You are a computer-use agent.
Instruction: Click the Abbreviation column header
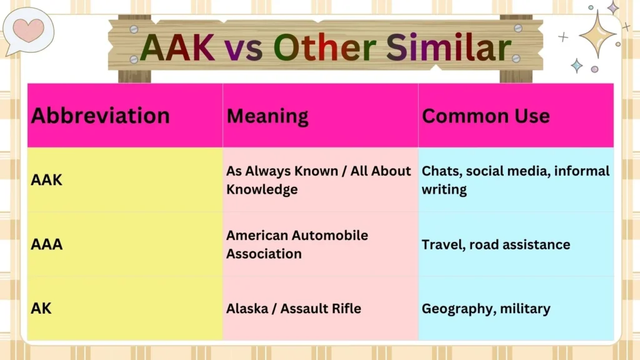pyautogui.click(x=100, y=116)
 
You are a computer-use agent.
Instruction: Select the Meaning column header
pyautogui.click(x=267, y=116)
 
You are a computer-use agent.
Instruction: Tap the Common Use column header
pyautogui.click(x=486, y=116)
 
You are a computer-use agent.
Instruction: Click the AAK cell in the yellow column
pyautogui.click(x=46, y=180)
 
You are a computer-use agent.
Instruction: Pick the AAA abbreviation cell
pyautogui.click(x=47, y=244)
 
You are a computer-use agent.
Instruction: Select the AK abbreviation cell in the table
pyautogui.click(x=42, y=309)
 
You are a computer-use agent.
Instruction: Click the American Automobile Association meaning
pyautogui.click(x=297, y=244)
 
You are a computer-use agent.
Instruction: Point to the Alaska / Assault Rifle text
pyautogui.click(x=293, y=309)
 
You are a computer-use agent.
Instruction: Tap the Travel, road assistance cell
pyautogui.click(x=496, y=244)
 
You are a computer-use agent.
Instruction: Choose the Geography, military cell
pyautogui.click(x=486, y=309)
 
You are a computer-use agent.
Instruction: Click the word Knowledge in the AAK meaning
pyautogui.click(x=262, y=189)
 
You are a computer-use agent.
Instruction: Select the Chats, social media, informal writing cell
pyautogui.click(x=515, y=180)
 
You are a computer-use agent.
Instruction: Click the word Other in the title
pyautogui.click(x=326, y=48)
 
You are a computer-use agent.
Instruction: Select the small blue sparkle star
pyautogui.click(x=576, y=66)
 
